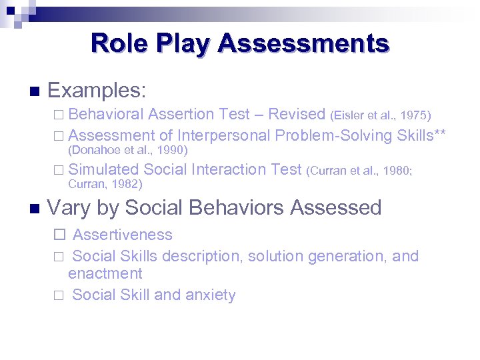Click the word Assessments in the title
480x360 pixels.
[303, 43]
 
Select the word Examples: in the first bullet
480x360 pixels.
[97, 90]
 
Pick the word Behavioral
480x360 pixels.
[106, 115]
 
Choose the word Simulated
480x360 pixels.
[103, 169]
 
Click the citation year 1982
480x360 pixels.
[128, 183]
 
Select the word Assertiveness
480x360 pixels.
[122, 235]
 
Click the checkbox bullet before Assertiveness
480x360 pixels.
[59, 235]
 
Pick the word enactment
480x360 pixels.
[105, 273]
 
